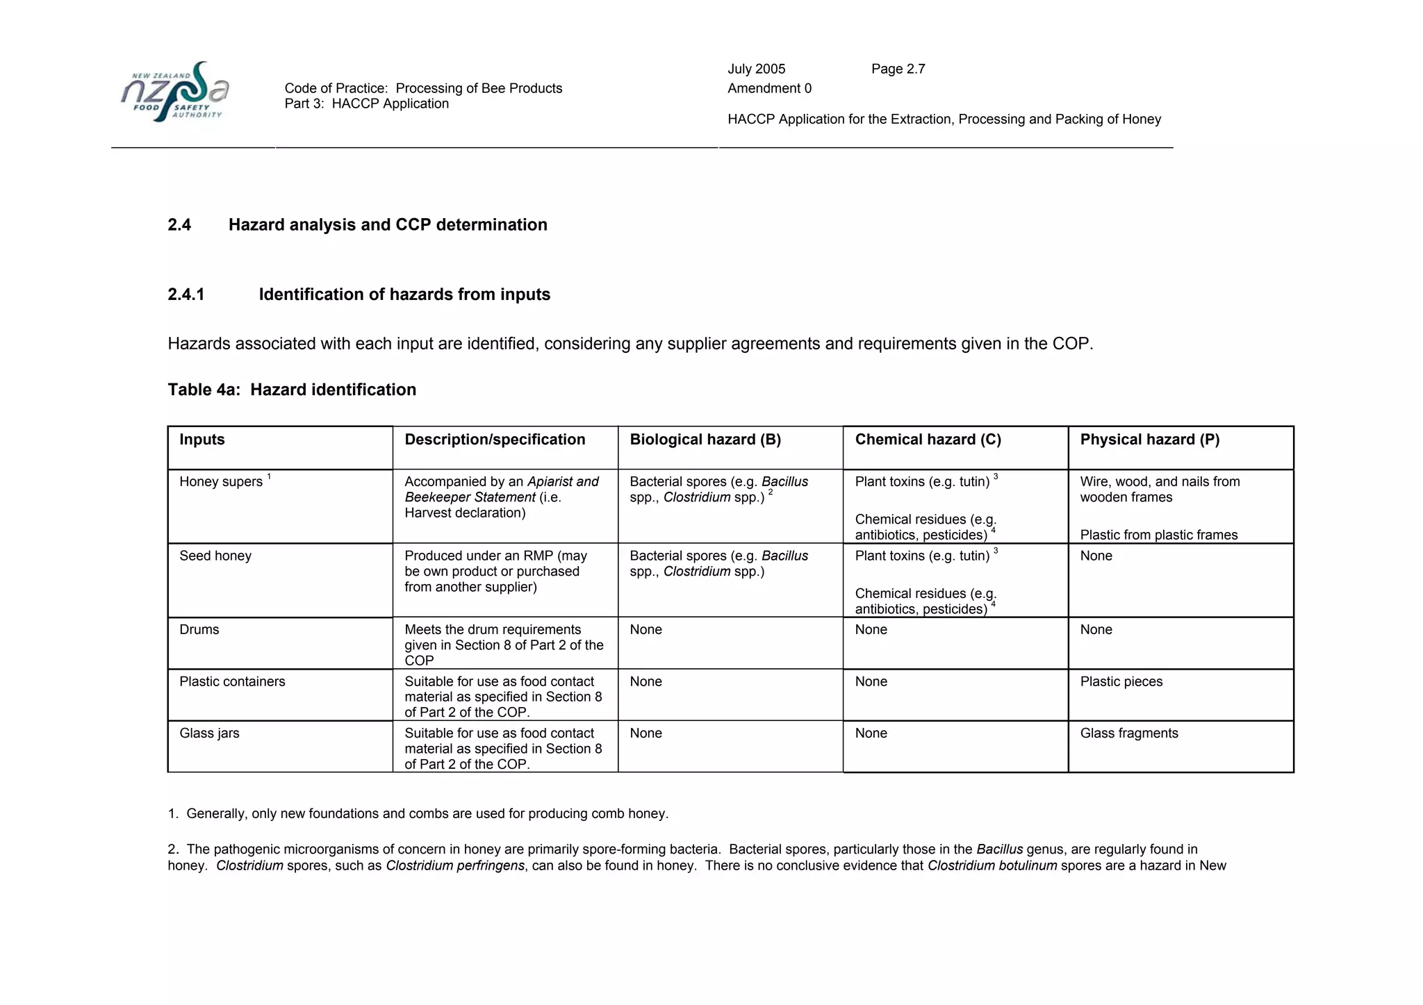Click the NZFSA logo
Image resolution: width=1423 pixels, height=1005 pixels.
(x=174, y=92)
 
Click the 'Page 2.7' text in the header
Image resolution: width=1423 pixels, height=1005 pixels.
(x=898, y=69)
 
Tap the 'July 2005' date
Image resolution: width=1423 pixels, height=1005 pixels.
(x=756, y=69)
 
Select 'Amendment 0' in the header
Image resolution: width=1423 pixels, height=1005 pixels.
(x=769, y=88)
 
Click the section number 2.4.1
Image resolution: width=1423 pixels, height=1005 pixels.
(x=186, y=294)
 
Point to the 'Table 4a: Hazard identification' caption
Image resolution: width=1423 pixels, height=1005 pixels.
(x=292, y=390)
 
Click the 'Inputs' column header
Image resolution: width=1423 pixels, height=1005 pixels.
(x=202, y=440)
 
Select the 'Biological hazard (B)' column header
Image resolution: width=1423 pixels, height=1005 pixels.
(x=705, y=440)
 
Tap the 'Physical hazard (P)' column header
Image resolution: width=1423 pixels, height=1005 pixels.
(x=1149, y=440)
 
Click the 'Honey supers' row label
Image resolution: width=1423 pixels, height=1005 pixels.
(x=221, y=482)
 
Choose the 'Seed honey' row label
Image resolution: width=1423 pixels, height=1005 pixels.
(x=215, y=556)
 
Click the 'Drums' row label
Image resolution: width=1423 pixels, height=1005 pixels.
(x=199, y=629)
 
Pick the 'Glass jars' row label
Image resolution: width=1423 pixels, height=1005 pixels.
(x=209, y=733)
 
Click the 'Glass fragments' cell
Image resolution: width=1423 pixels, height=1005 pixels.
(x=1128, y=733)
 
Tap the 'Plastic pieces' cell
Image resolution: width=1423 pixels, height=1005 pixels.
(x=1121, y=681)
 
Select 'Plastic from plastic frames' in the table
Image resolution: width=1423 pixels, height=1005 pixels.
(x=1158, y=535)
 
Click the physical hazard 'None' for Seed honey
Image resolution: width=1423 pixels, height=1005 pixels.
(x=1096, y=556)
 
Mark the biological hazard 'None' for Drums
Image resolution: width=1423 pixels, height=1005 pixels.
(x=645, y=629)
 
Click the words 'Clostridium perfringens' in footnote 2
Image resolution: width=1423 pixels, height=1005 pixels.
(x=454, y=865)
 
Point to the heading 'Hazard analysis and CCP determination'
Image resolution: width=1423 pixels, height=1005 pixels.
(x=388, y=225)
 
